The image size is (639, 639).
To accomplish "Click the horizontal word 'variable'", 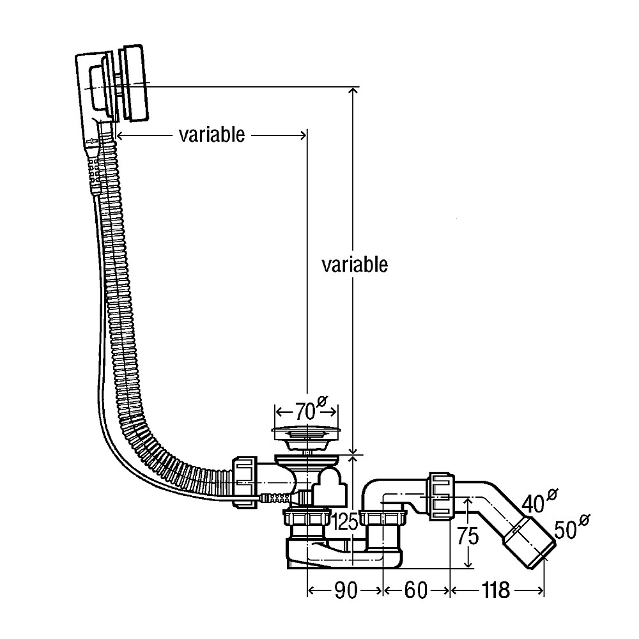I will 212,135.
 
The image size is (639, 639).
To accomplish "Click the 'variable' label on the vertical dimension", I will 355,264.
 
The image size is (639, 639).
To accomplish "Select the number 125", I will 344,523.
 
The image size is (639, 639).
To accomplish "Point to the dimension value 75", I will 468,535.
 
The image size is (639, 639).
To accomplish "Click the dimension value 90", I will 345,591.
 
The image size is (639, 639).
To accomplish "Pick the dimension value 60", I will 415,591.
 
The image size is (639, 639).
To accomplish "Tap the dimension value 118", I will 496,591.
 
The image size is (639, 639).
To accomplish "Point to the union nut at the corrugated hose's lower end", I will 245,481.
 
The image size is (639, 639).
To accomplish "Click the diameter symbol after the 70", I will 323,402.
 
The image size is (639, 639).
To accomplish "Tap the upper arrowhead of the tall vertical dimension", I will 351,92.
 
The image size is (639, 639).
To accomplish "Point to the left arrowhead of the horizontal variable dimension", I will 121,135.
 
